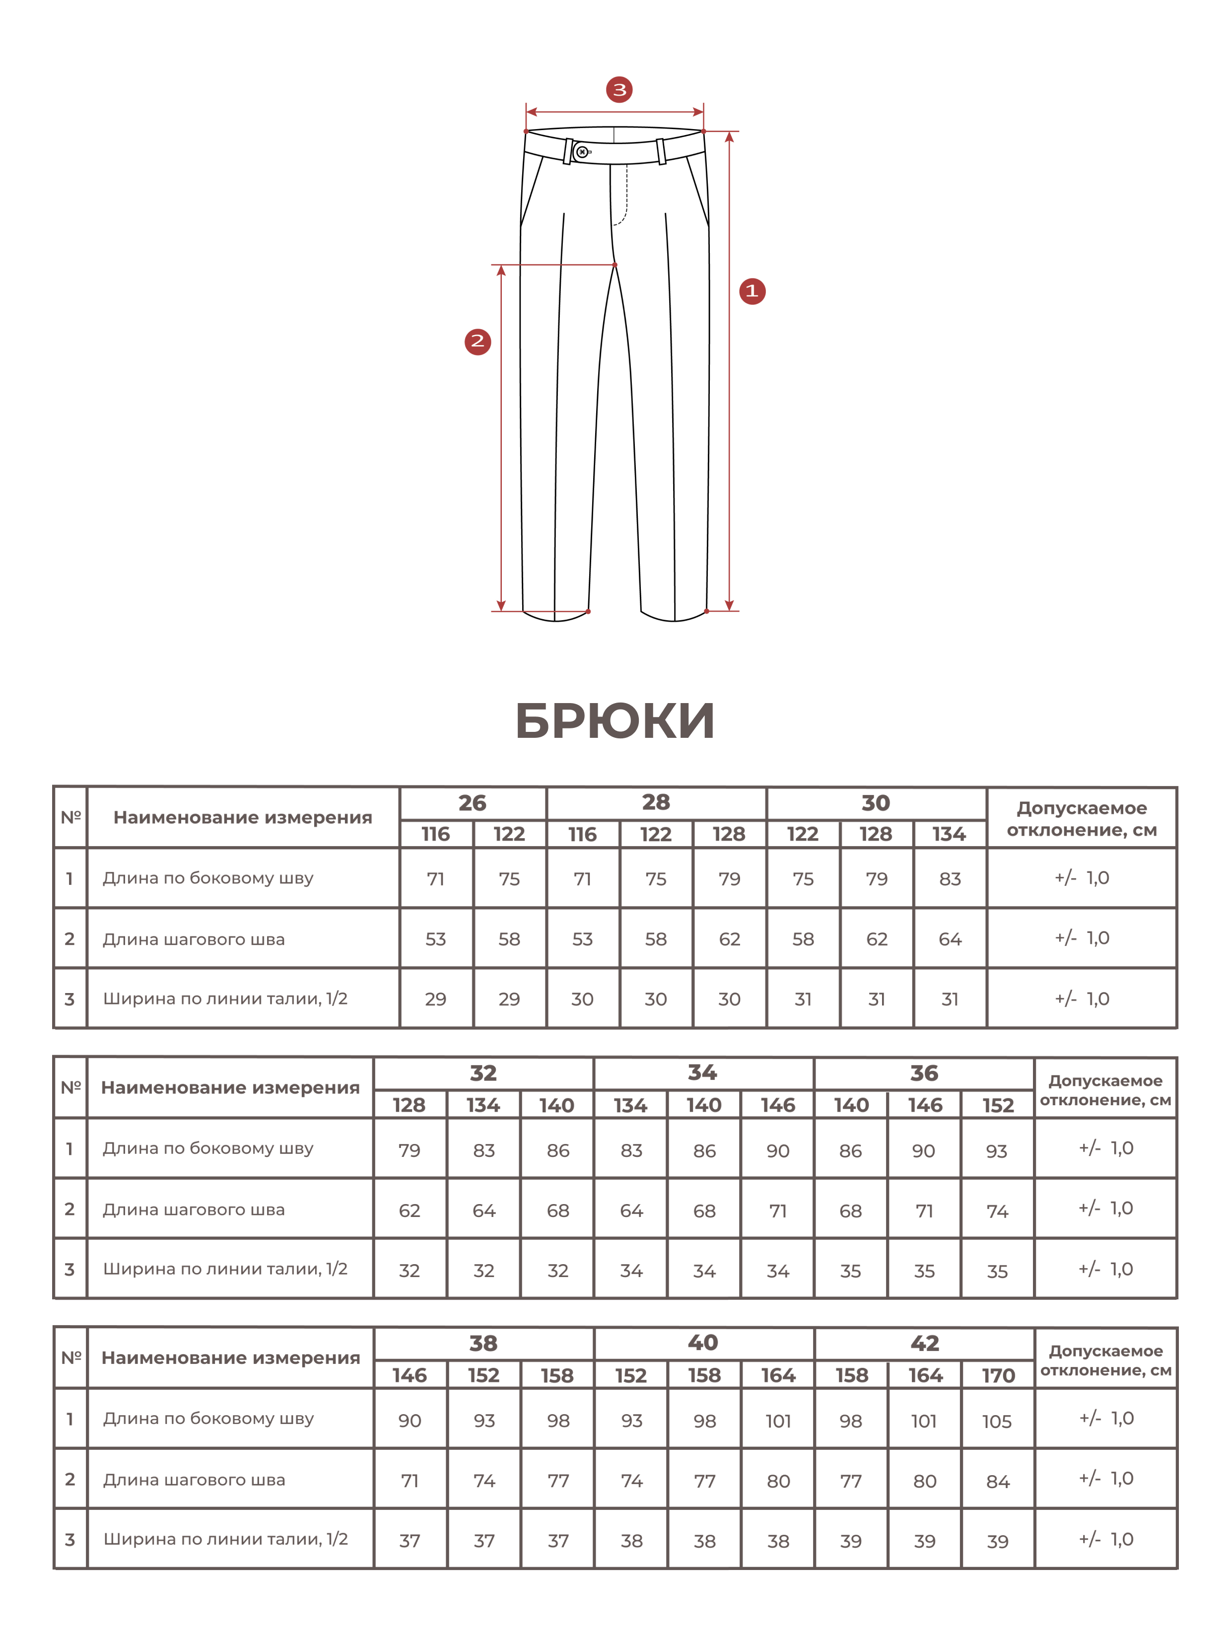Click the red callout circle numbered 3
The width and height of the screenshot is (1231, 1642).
[x=619, y=90]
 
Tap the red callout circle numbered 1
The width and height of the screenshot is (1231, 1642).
[x=752, y=291]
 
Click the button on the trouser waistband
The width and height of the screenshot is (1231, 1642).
[x=582, y=152]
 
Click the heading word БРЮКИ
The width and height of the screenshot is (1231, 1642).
[x=615, y=721]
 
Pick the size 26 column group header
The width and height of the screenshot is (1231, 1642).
[x=472, y=803]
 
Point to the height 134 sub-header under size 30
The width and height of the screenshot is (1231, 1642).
[x=949, y=834]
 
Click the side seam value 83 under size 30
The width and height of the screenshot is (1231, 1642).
[x=950, y=879]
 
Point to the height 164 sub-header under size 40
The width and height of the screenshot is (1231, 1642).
[x=778, y=1375]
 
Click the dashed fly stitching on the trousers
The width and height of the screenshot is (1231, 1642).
[x=625, y=197]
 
